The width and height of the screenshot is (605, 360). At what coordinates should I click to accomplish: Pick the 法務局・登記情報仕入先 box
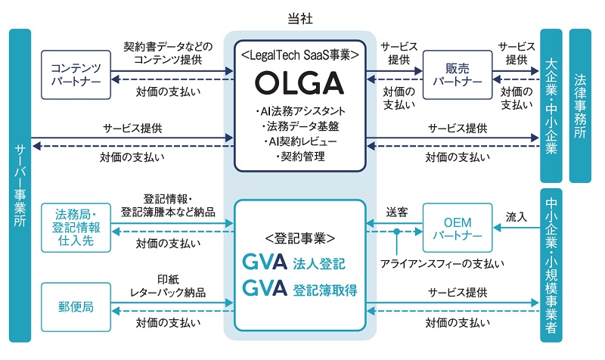(76, 228)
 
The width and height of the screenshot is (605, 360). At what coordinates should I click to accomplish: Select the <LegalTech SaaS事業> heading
(300, 54)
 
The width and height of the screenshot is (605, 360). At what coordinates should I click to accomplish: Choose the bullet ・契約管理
(300, 156)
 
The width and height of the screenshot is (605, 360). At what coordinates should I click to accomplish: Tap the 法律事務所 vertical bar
(580, 106)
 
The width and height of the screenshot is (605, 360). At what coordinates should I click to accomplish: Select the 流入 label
(517, 216)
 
